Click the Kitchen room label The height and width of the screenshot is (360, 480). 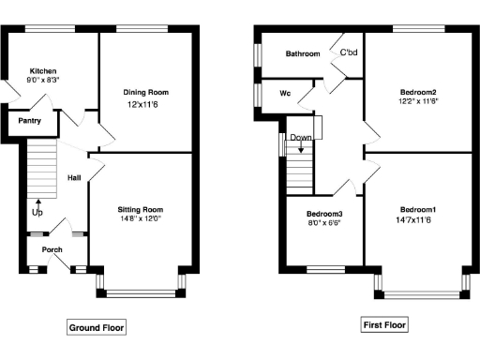(43, 71)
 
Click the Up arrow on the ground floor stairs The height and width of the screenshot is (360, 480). (37, 202)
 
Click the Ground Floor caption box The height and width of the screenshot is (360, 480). (96, 327)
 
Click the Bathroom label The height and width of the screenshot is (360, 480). (303, 54)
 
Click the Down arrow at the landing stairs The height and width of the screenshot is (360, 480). (301, 142)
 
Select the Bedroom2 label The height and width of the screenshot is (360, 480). (419, 92)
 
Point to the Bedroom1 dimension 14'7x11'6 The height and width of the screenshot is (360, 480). (418, 220)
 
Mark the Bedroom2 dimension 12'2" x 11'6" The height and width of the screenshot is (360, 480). (419, 102)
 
